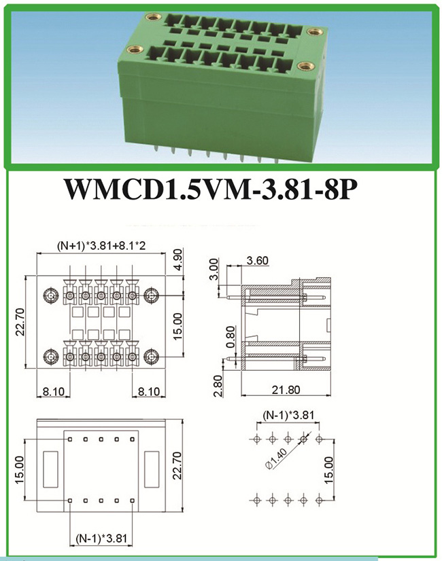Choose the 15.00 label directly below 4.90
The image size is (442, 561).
tap(177, 327)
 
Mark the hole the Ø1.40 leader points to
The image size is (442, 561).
tap(303, 439)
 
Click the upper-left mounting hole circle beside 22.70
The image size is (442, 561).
tap(50, 296)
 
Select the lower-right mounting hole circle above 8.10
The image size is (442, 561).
tap(151, 357)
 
